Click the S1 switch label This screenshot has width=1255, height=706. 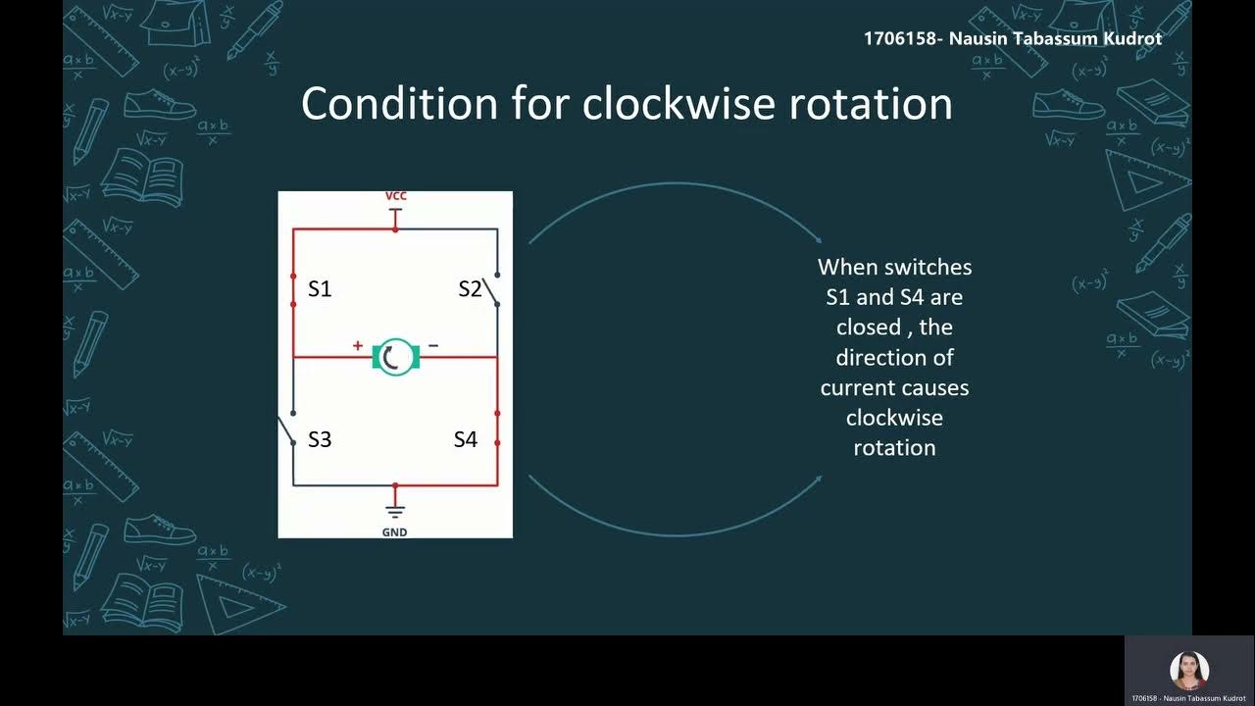[320, 289]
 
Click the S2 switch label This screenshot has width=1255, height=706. [471, 289]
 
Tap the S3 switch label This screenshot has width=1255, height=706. [320, 439]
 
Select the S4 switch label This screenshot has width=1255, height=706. [465, 439]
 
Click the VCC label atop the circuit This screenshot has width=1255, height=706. [395, 196]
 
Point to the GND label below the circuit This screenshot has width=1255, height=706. [394, 532]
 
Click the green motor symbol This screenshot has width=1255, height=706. [396, 357]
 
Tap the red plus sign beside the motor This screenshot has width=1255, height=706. [358, 345]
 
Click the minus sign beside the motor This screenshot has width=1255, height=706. [433, 345]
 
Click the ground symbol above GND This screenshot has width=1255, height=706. [395, 511]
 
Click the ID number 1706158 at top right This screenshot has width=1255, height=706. [901, 38]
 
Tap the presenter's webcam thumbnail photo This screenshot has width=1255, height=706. [1188, 671]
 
